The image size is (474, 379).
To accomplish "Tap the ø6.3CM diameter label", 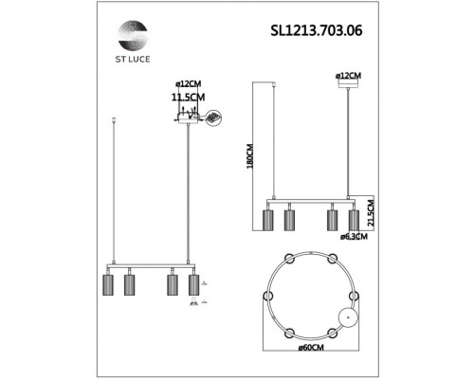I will coord(354,236).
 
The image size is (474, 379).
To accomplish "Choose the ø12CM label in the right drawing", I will coord(348,74).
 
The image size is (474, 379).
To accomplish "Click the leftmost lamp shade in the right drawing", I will coord(268,220).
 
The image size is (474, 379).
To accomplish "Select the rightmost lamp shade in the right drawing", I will coord(354,219).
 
